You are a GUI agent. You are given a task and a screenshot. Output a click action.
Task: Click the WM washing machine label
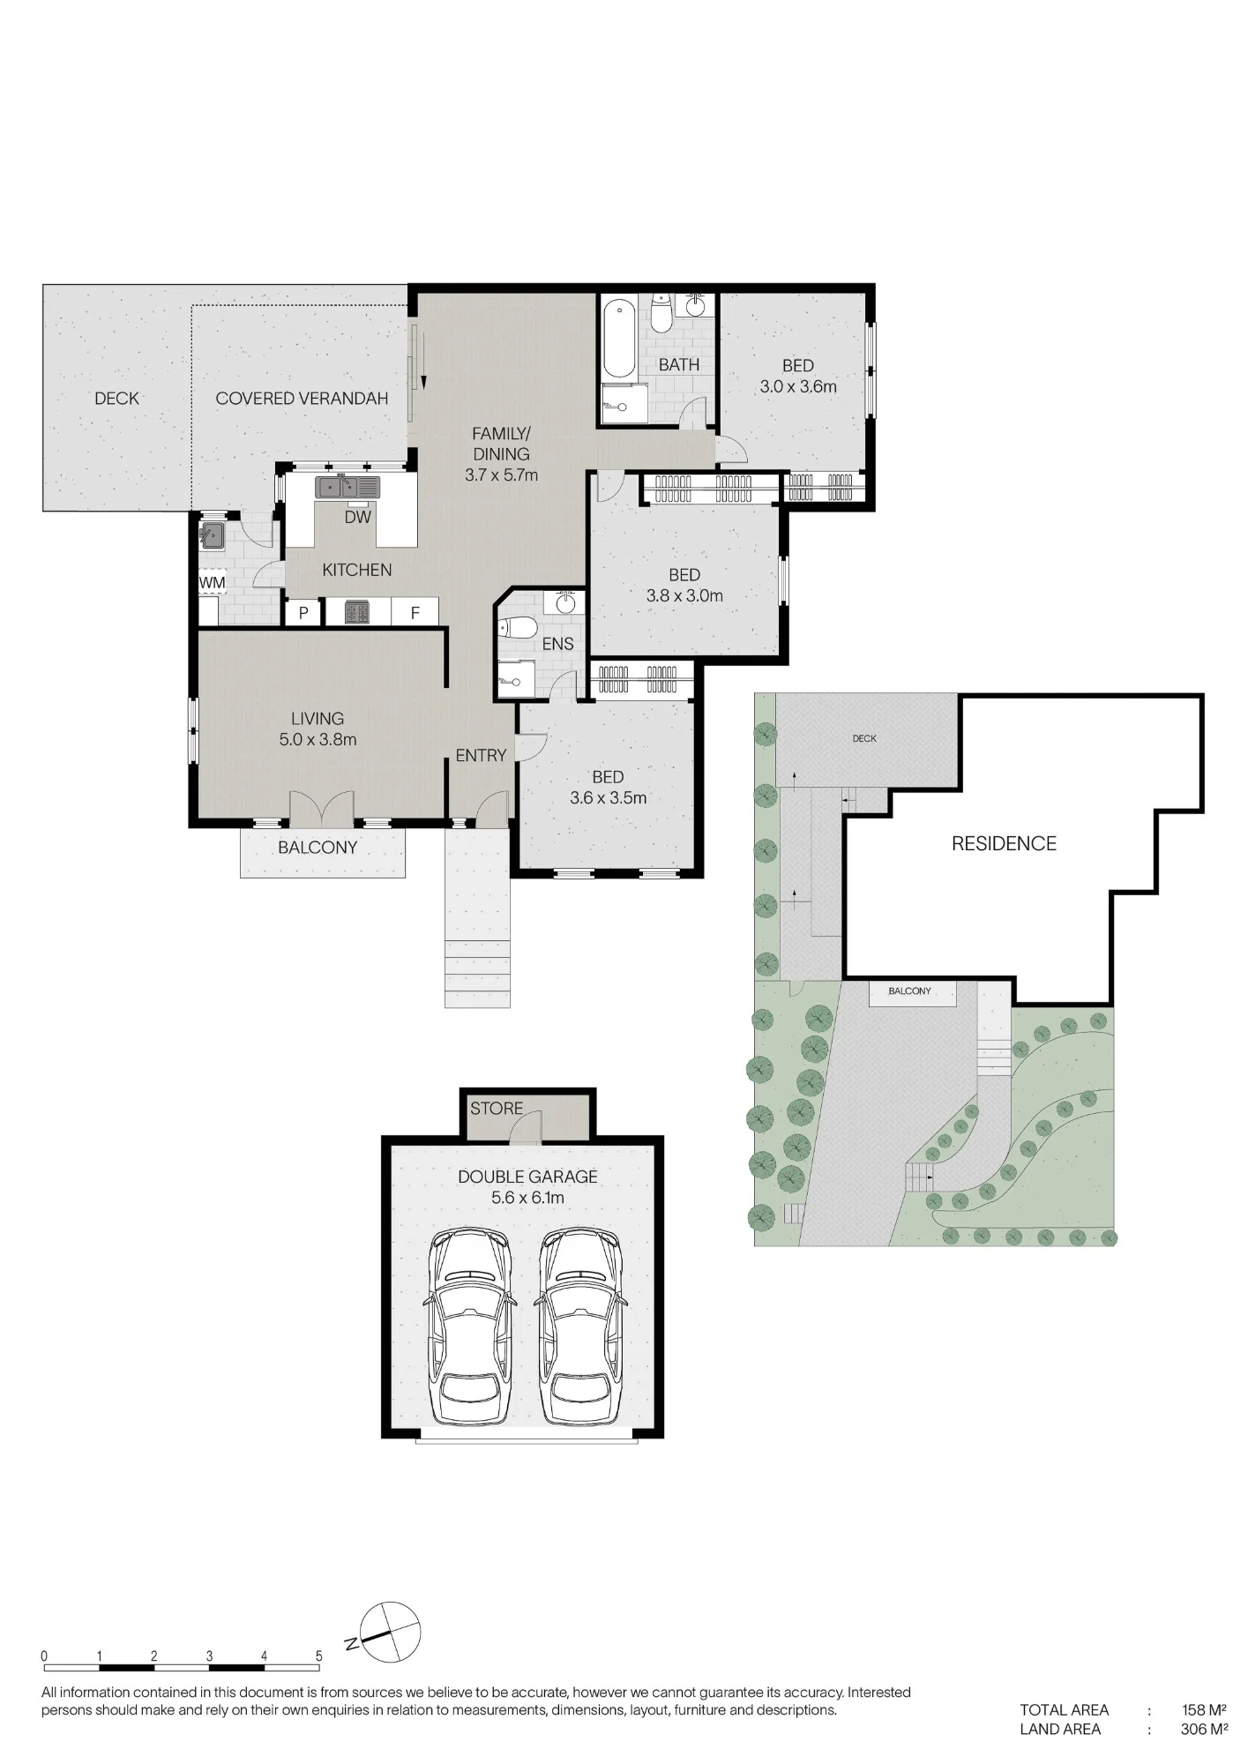[212, 583]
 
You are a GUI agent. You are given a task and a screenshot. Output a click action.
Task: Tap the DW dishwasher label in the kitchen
[357, 518]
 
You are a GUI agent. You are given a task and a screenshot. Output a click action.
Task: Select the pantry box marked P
[303, 613]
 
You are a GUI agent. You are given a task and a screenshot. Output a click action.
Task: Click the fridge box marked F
[415, 613]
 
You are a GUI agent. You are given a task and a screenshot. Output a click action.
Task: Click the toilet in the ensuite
[518, 628]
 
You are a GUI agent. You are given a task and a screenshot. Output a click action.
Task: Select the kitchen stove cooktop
[356, 612]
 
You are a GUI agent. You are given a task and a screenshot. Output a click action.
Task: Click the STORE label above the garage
[497, 1109]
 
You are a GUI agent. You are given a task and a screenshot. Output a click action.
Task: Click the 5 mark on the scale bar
[319, 1656]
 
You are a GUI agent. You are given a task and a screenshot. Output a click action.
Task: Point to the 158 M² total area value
[1204, 1709]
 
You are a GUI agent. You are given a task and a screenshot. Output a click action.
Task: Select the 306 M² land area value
[1204, 1729]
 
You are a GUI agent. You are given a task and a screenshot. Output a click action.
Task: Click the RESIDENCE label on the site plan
[1004, 844]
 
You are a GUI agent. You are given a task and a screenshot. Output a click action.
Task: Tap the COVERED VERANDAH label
[302, 399]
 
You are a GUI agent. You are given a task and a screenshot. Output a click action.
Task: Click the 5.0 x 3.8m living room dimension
[318, 740]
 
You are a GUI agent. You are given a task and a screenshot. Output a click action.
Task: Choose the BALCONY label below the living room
[318, 848]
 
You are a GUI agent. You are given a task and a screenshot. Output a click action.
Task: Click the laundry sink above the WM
[213, 534]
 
